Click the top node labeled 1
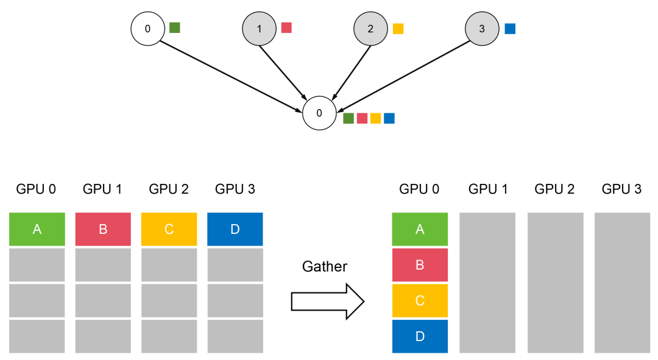tap(259, 29)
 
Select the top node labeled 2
tap(370, 29)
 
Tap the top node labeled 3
tap(482, 29)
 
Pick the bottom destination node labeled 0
tap(319, 113)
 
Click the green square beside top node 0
tap(175, 27)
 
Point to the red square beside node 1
tap(286, 27)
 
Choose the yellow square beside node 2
tap(398, 29)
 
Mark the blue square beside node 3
tap(510, 29)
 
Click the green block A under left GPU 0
tap(37, 229)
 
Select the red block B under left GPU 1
tap(103, 229)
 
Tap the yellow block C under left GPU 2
tap(169, 229)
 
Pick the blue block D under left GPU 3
tap(235, 229)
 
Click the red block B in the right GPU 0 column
tap(420, 265)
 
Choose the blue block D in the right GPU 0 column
tap(420, 336)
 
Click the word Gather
tap(325, 266)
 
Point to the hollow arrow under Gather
tap(328, 302)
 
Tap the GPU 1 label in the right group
tap(488, 189)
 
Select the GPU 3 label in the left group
tap(235, 189)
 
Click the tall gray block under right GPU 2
tap(555, 283)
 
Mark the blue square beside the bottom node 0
tap(389, 118)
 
